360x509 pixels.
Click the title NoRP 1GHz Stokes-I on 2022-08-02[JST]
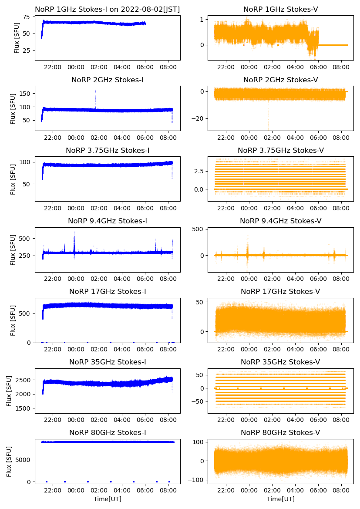pyautogui.click(x=108, y=9)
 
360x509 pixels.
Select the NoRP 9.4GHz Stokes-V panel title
pyautogui.click(x=280, y=221)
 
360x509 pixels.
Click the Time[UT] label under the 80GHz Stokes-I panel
pyautogui.click(x=108, y=499)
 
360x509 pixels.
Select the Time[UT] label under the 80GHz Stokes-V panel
pyautogui.click(x=280, y=499)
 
